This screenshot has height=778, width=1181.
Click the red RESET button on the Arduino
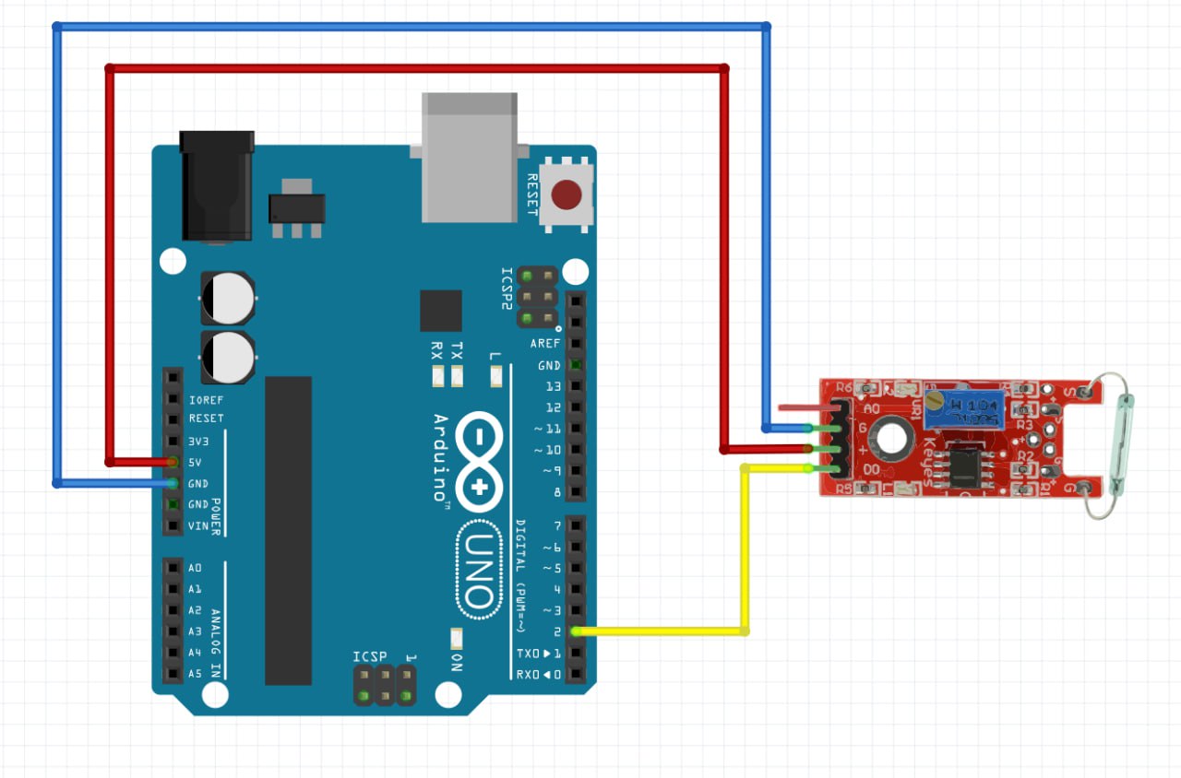point(567,194)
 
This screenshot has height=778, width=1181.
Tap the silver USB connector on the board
point(469,157)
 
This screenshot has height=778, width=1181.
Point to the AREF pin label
point(544,343)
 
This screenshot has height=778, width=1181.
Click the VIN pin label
point(197,526)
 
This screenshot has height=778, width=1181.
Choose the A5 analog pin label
point(195,674)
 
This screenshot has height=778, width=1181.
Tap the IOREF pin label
point(206,400)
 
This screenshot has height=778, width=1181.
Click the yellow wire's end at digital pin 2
point(576,631)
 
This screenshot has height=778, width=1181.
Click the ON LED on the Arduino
point(456,638)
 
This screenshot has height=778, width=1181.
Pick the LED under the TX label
point(456,375)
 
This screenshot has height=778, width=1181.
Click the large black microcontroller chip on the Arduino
point(288,530)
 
